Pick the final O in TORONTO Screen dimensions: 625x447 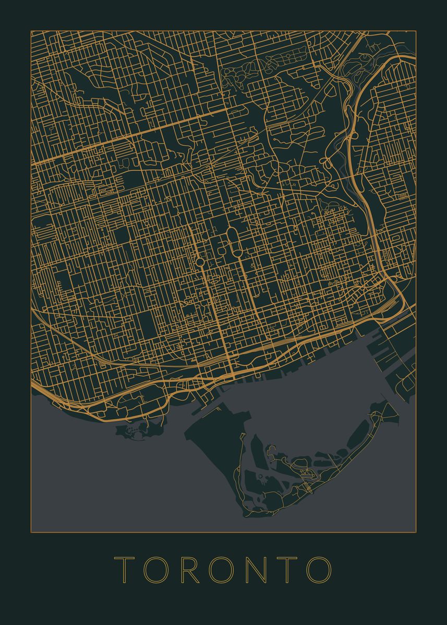click(319, 569)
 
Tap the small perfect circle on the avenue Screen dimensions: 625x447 click(200, 261)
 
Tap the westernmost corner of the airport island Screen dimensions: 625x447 click(186, 432)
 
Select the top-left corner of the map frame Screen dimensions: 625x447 click(31, 31)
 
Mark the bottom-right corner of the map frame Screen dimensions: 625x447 click(416, 532)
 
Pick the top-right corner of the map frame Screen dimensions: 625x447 click(416, 31)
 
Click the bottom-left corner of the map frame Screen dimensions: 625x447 click(31, 532)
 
